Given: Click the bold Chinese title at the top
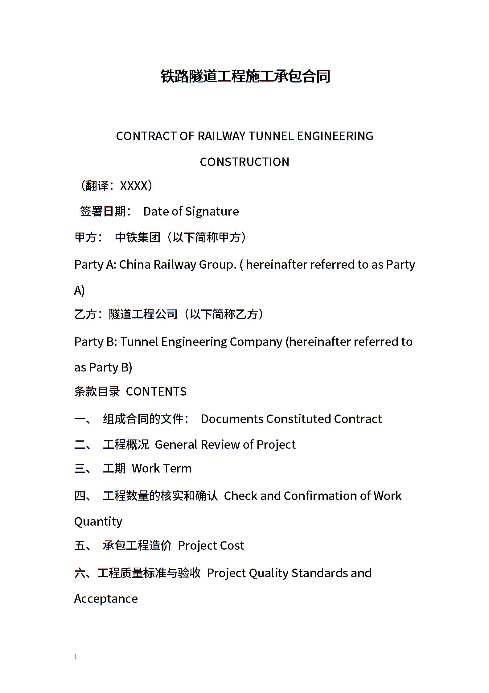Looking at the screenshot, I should click(245, 76).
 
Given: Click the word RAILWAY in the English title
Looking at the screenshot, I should click(221, 136).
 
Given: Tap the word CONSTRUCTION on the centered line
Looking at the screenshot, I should click(244, 162).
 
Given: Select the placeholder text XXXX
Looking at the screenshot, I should click(134, 186).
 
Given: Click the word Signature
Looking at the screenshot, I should click(212, 212).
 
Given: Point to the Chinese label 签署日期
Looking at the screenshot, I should click(103, 212).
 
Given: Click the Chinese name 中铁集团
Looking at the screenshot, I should click(138, 237).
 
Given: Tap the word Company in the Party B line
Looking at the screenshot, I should click(256, 342).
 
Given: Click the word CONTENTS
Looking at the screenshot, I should click(156, 392).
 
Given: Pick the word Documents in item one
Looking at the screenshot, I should click(232, 419).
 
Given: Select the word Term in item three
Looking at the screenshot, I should click(177, 468).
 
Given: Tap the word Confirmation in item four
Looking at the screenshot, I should click(320, 496).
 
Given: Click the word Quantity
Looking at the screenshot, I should click(98, 522).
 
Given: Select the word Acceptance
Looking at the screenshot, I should click(106, 599).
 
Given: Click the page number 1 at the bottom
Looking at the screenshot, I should click(76, 657).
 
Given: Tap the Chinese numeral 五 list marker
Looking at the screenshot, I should click(80, 546).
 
